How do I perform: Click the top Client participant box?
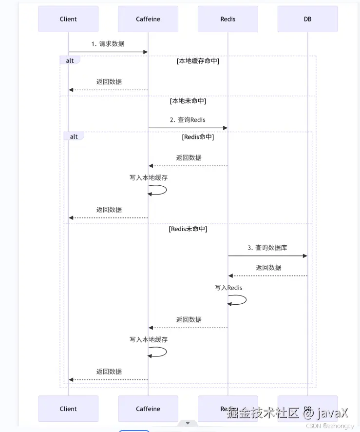(68, 19)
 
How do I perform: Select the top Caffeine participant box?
(148, 19)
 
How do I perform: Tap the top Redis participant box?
(227, 19)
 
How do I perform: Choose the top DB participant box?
(307, 19)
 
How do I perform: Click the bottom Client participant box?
(68, 409)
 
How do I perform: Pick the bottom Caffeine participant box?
(148, 409)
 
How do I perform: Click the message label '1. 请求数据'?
(108, 44)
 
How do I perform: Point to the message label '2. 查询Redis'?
(188, 120)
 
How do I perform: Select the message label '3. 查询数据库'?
(267, 248)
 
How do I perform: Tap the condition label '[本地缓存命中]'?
(198, 61)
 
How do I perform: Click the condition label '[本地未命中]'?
(188, 101)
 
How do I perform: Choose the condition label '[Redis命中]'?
(198, 137)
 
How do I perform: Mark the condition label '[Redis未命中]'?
(188, 229)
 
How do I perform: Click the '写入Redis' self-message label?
(228, 288)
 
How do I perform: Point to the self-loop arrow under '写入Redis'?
(238, 300)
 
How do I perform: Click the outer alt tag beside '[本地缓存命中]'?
(70, 60)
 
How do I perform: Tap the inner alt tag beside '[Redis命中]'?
(74, 137)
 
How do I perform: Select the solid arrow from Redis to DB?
(267, 255)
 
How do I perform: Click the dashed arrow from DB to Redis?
(267, 275)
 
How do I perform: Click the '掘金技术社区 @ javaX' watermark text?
(287, 413)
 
